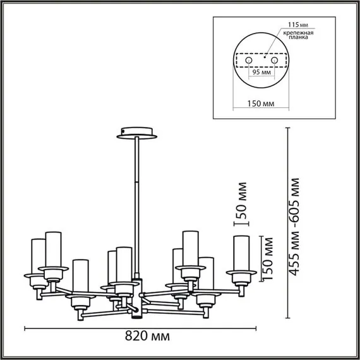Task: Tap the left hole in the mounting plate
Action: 249,60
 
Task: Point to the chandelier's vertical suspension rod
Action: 136,202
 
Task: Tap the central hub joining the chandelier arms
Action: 136,294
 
